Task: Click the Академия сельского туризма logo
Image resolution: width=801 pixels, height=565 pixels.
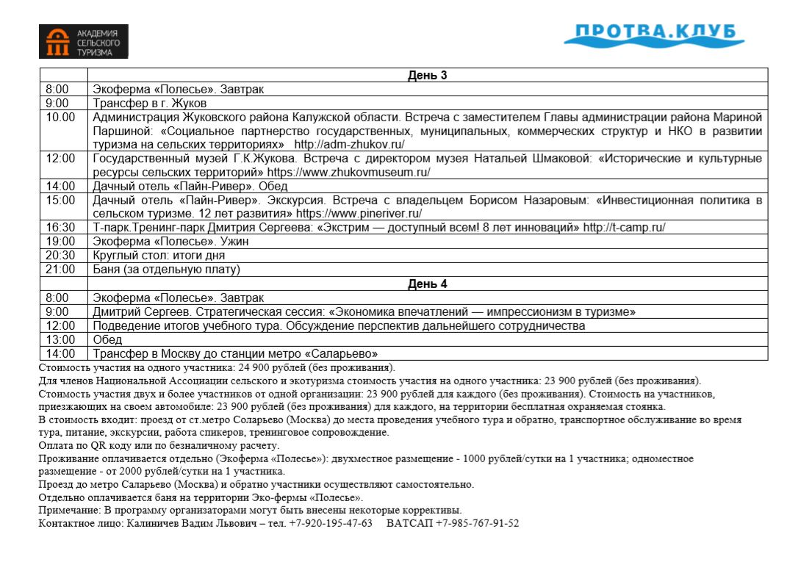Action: [x=84, y=41]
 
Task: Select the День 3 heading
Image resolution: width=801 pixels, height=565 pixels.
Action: [x=428, y=75]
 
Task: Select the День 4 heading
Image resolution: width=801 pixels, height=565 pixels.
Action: [x=428, y=284]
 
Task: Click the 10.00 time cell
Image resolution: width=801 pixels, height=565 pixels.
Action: [x=60, y=117]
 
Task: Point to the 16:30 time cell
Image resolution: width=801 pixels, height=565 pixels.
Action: [x=60, y=227]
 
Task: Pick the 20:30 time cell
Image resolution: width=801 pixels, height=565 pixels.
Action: [x=60, y=256]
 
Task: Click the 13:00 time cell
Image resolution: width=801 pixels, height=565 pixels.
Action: [x=60, y=339]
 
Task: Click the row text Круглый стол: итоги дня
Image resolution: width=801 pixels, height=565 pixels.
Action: [x=159, y=256]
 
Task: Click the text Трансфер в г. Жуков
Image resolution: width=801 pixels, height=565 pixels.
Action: [x=150, y=103]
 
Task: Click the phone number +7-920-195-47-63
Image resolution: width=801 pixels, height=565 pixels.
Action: [x=331, y=523]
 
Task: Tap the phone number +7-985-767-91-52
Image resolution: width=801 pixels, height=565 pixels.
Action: [x=477, y=523]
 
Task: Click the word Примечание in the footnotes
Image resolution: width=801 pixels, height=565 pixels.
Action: [x=66, y=510]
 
